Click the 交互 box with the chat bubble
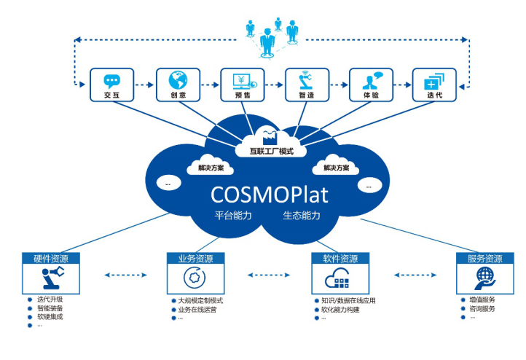point(111,85)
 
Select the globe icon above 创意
point(178,80)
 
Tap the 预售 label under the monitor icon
point(243,95)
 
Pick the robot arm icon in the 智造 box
point(305,80)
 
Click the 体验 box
point(371,85)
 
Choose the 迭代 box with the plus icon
point(434,85)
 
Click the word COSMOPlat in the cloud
point(270,195)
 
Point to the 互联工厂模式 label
point(272,152)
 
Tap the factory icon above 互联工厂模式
point(269,136)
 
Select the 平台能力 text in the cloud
point(233,216)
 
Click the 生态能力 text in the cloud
point(302,216)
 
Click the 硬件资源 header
point(51,259)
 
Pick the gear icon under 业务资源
point(195,278)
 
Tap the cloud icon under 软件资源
point(337,278)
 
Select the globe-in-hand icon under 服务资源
point(485,278)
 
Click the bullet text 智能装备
point(50,308)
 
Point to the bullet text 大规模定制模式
point(200,301)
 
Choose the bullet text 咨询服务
point(482,308)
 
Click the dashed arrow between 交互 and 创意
point(144,85)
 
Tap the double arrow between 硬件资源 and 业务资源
point(126,275)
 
